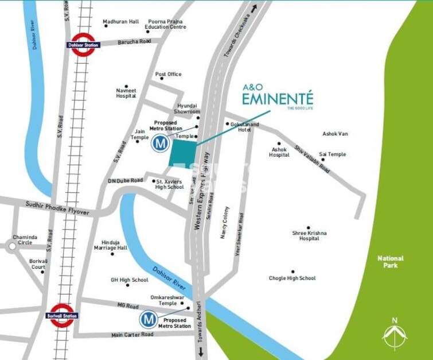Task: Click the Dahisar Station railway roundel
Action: pyautogui.click(x=83, y=45)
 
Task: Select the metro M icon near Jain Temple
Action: pyautogui.click(x=160, y=144)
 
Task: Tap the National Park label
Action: pyautogui.click(x=391, y=262)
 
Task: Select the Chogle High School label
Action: pyautogui.click(x=292, y=278)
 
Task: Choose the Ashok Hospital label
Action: pyautogui.click(x=279, y=152)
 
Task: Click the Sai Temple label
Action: pyautogui.click(x=333, y=154)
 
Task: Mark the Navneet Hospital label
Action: pyautogui.click(x=126, y=93)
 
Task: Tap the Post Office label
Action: pyautogui.click(x=168, y=74)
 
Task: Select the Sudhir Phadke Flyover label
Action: pyautogui.click(x=57, y=208)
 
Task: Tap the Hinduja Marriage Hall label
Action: pyautogui.click(x=111, y=245)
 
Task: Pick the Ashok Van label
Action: pyautogui.click(x=335, y=134)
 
